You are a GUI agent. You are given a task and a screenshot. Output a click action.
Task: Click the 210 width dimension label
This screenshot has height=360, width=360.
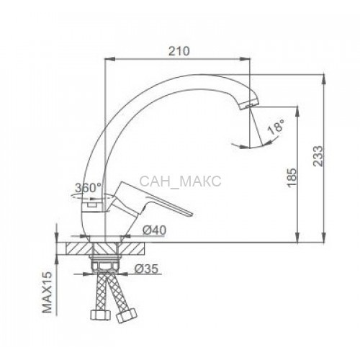coord(179,51)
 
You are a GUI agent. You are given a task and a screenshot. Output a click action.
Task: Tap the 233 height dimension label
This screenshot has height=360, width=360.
coord(319,156)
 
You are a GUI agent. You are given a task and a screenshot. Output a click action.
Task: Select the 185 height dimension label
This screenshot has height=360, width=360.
coord(292,178)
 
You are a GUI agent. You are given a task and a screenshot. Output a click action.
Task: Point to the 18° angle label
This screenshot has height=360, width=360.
coord(276,127)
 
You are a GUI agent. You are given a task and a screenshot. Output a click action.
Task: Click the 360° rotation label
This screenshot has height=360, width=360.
coord(89,188)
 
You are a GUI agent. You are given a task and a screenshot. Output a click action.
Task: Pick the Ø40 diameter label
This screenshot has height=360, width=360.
coord(154,230)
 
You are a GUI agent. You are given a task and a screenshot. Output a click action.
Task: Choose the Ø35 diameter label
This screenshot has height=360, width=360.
coord(146,269)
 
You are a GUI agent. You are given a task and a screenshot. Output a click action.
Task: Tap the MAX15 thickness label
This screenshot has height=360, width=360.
coord(48,292)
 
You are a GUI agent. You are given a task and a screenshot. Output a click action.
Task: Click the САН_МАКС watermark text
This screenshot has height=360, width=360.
coord(180,181)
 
